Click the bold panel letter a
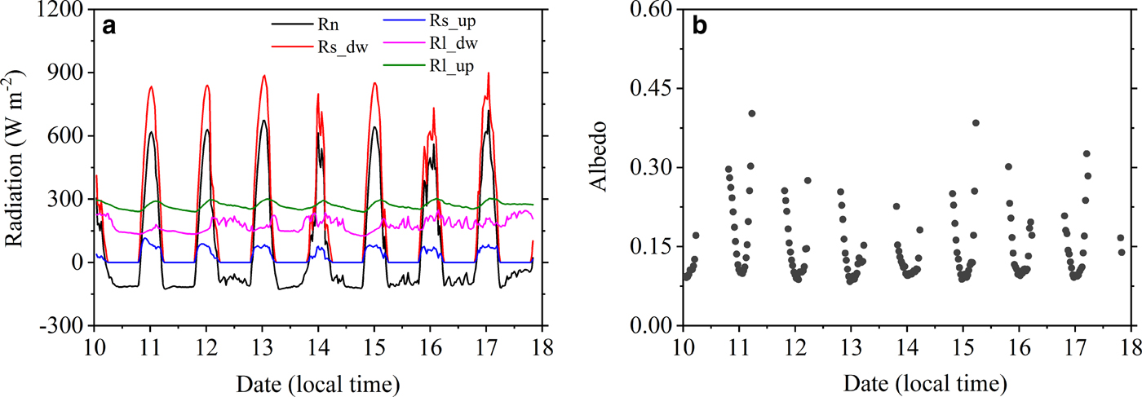coord(108,26)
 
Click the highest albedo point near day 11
coord(752,113)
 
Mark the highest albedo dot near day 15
coord(976,123)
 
